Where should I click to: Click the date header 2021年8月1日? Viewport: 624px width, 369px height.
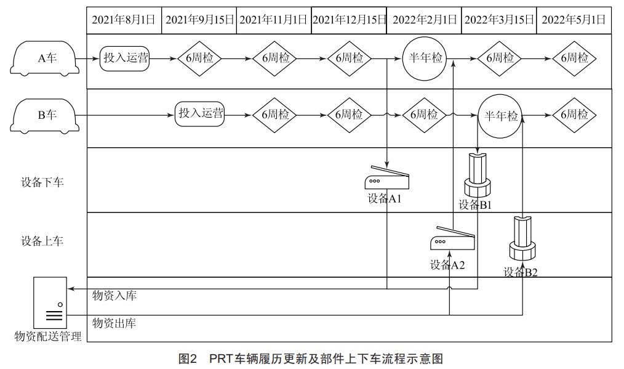click(124, 20)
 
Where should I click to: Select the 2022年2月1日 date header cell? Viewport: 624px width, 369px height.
click(423, 20)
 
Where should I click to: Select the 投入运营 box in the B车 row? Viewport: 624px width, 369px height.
click(200, 115)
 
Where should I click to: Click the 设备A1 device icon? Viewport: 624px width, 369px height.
click(386, 179)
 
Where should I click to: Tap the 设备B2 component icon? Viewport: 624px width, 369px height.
click(522, 240)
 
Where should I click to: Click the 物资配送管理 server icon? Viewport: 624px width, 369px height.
click(49, 302)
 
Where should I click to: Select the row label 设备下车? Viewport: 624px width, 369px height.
click(42, 182)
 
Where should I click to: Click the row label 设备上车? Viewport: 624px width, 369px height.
click(42, 241)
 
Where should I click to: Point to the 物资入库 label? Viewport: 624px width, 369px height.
click(114, 296)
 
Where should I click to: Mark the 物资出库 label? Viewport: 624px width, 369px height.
click(114, 322)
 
